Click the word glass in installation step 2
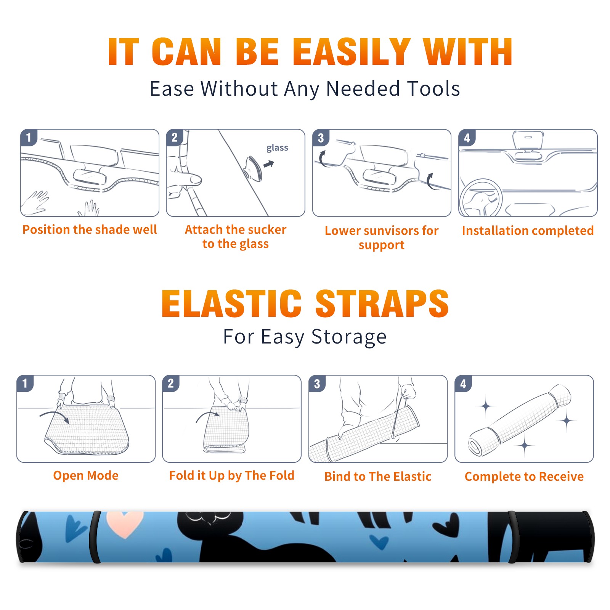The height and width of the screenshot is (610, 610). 277,148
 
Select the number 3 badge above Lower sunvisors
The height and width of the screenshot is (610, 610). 321,138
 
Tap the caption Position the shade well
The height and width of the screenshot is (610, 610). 90,230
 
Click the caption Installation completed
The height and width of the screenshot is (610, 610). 528,231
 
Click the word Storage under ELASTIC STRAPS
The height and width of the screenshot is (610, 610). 348,337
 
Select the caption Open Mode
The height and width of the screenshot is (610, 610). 86,475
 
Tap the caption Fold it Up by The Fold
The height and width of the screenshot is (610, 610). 232,475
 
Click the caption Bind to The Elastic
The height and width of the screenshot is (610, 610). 378,477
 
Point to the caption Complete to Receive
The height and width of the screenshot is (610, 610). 524,477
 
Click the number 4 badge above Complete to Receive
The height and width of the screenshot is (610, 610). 463,384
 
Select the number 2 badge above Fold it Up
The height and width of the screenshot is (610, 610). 171,383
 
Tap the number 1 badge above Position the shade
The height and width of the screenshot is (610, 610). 29,137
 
